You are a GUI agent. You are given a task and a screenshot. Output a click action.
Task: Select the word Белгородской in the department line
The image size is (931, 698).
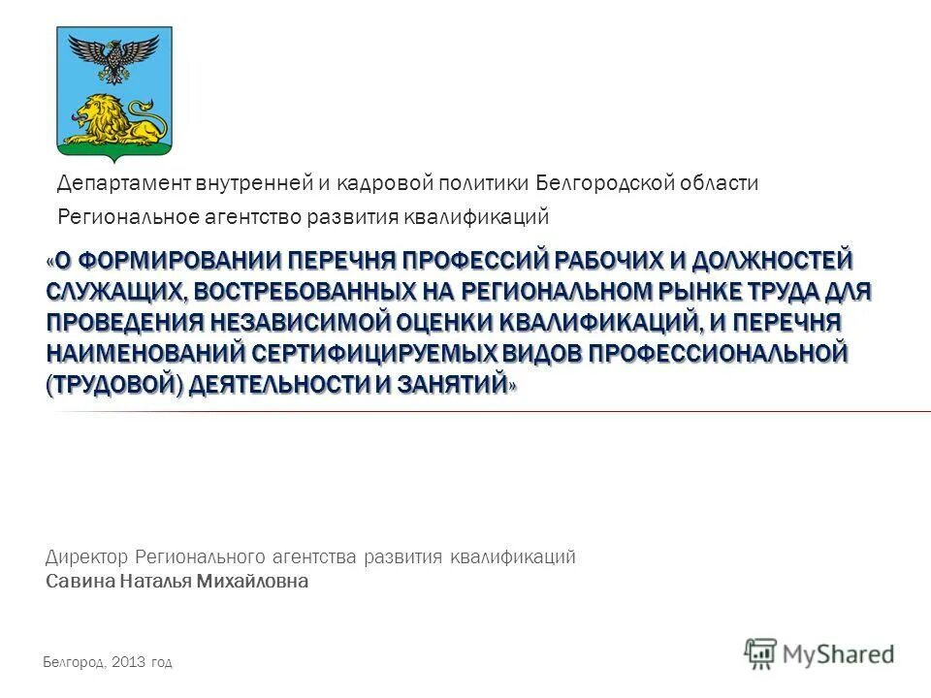[x=597, y=182]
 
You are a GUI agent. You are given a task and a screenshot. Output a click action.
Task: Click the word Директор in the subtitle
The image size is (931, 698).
[x=86, y=556]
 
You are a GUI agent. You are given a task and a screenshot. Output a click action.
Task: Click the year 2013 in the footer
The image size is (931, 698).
[x=128, y=663]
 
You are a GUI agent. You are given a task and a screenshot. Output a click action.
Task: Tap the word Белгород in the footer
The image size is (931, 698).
[x=75, y=663]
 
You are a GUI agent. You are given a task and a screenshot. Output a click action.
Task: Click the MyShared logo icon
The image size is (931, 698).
[x=761, y=652]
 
